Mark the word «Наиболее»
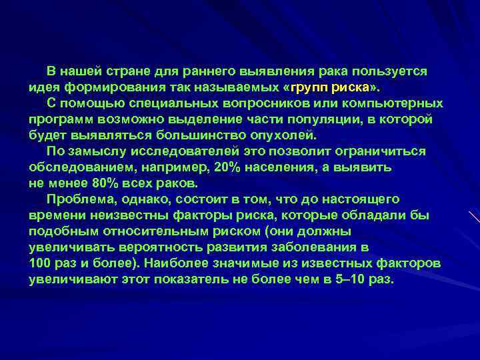click(x=176, y=263)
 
